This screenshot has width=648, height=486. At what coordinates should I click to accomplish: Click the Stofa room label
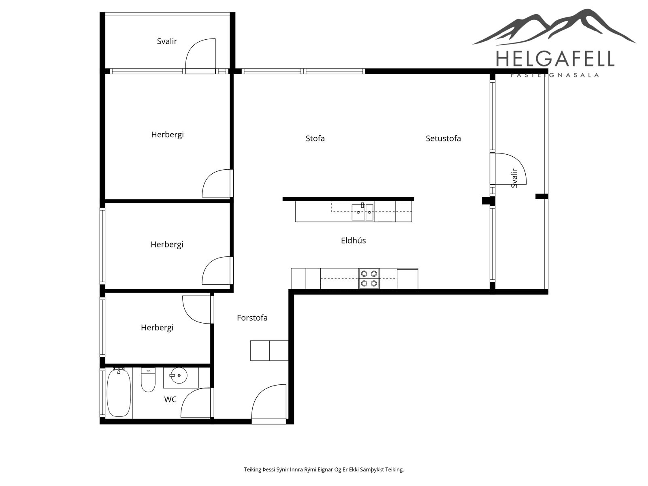point(315,139)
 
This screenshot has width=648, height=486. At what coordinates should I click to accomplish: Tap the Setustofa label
point(443,139)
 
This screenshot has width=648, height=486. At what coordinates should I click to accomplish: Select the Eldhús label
point(353,241)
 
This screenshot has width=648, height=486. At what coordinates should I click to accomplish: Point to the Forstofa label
point(252,318)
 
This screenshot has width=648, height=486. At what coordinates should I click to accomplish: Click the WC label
point(171,400)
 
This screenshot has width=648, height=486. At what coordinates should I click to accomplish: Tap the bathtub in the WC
point(118,393)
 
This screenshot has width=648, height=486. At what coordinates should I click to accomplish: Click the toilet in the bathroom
point(148,380)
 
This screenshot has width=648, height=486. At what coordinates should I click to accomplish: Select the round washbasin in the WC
point(179,375)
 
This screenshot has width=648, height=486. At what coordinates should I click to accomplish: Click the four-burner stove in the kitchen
point(369,278)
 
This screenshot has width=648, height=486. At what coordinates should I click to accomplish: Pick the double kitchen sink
point(362,212)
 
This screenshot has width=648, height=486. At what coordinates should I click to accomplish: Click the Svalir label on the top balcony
point(167,41)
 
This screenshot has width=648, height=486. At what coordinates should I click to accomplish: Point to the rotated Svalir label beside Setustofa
point(514,178)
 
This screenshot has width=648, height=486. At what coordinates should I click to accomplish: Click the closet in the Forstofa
point(269,351)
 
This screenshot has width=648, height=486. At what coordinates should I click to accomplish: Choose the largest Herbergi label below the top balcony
point(167,135)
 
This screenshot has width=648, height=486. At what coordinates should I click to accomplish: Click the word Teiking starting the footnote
point(253,469)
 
